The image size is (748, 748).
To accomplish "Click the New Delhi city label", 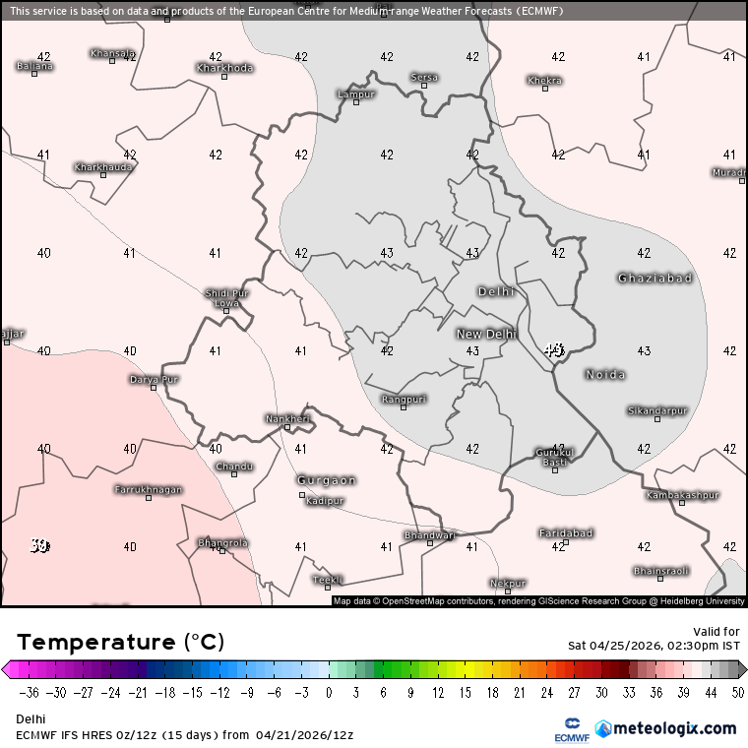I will (x=486, y=335).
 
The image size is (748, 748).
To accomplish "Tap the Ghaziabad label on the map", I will (x=654, y=279).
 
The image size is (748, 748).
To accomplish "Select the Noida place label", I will (x=605, y=375).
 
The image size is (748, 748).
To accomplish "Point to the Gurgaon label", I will (x=327, y=480).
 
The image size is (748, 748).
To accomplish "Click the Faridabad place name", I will (x=566, y=533).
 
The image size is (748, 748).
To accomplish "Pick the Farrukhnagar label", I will (x=149, y=489).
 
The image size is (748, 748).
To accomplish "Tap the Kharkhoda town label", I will (x=224, y=68).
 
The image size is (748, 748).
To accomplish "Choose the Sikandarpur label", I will (x=657, y=410).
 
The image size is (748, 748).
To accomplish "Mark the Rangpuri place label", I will (x=405, y=399).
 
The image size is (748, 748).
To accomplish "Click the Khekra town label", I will (x=544, y=81).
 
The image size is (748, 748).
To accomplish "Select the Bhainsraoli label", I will (x=661, y=571).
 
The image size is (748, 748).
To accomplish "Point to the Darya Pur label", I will (x=155, y=379).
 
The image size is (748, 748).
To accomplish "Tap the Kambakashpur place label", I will (x=683, y=495).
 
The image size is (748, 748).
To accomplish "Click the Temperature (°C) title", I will (x=121, y=643).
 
